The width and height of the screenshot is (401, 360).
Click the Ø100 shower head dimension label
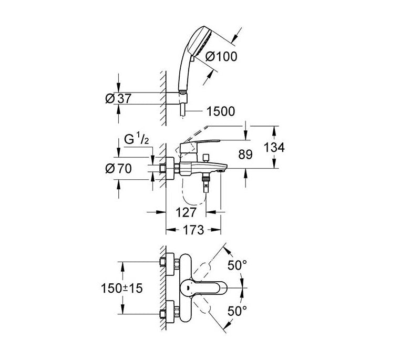point(221,57)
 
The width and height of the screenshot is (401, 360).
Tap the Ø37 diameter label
point(118,98)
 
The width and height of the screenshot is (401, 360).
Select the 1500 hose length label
point(221,111)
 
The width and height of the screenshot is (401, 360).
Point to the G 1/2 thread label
point(136,140)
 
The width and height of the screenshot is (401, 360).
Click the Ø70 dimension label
point(118,169)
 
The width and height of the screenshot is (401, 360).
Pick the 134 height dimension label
point(274,148)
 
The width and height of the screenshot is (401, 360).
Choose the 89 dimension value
point(245,155)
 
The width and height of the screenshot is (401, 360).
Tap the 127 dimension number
point(186,212)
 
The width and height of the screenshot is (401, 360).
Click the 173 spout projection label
point(193,230)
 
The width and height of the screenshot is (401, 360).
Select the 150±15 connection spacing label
point(122,289)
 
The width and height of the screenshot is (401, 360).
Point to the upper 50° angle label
point(237,265)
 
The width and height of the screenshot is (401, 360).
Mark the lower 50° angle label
point(237,311)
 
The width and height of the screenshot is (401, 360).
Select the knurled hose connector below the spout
point(206,177)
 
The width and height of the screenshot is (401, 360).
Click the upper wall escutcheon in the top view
point(170,265)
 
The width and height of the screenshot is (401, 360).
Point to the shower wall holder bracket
point(182,98)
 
